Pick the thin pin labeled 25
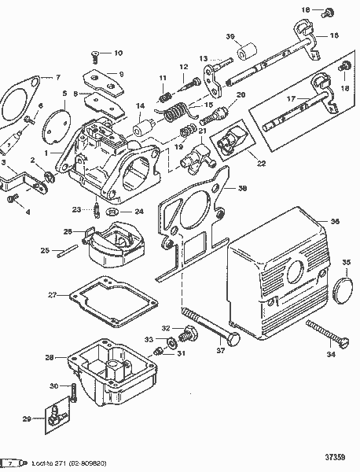[68, 252]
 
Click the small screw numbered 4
[11, 200]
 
